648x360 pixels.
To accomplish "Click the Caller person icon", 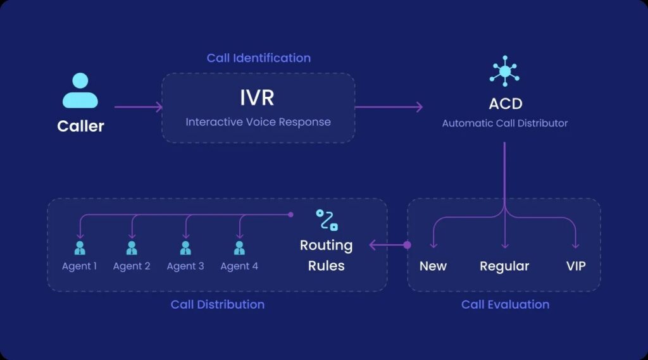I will point(80,90).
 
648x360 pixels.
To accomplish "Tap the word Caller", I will point(80,126).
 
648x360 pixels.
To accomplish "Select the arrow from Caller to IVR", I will point(138,107).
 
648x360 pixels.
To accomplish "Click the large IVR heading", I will point(257,98).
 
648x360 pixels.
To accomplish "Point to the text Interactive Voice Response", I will point(258,121).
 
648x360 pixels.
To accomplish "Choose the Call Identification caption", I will point(258,58).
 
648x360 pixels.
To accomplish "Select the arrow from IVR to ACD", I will point(388,107).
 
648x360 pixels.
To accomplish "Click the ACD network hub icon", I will point(504,71).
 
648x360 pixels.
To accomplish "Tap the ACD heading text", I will point(505,103).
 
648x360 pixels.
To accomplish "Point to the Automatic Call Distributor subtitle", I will point(504,123).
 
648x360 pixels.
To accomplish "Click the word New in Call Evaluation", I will point(433,266).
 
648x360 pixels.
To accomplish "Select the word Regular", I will point(504,266).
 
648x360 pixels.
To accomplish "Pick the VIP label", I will point(576,266).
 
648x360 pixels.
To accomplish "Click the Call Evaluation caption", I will point(505,304).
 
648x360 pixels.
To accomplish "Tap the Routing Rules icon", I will point(327,220).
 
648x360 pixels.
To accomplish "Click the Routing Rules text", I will point(326,255).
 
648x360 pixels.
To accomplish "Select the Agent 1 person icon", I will point(79,247).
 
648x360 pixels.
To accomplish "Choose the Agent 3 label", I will point(185,266).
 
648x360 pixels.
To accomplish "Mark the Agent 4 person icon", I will point(239,247).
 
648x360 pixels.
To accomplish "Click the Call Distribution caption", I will point(217,304).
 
